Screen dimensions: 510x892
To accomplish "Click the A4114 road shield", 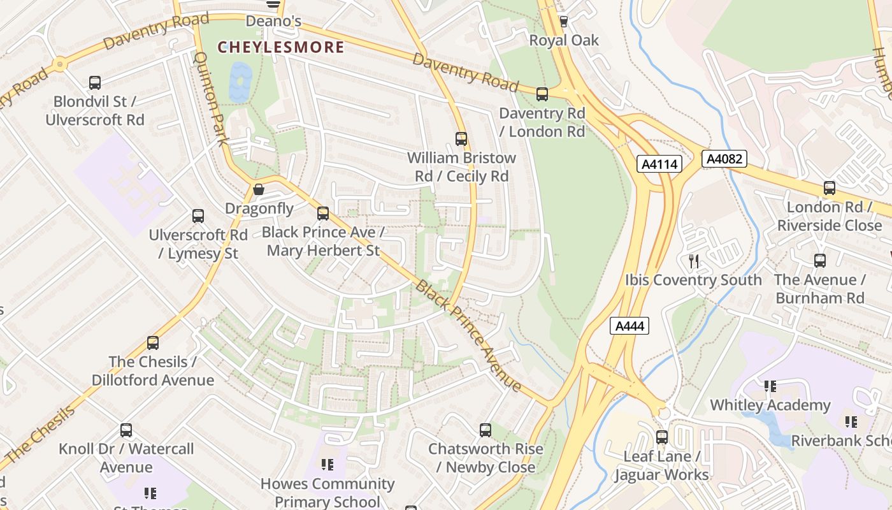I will coord(659,164).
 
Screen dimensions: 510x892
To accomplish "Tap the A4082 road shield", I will coord(724,159).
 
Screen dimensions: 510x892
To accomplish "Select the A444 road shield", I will coord(629,326).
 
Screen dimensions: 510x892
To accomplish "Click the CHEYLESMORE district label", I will coord(281,47).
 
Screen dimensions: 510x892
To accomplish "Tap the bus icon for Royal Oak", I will coord(563,22).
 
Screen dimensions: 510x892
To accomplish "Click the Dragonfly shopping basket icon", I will coord(259,189).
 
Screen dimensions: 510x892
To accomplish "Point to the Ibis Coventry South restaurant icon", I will coord(694,261).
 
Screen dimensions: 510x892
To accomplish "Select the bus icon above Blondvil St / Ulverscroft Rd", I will coord(95,83).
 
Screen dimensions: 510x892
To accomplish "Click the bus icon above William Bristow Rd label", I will coord(461,139).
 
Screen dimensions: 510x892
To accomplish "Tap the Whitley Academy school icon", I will coord(770,386).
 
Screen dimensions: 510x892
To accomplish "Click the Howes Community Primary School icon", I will coord(327,465).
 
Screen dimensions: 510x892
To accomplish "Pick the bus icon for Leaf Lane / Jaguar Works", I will coord(662,437).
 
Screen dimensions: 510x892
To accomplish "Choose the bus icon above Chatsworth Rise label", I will coord(486,430).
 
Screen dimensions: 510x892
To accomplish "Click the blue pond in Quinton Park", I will coord(240,82).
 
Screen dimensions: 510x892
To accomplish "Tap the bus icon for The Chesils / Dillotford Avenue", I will coord(153,343).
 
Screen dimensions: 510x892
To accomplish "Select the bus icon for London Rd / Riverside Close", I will coord(830,188).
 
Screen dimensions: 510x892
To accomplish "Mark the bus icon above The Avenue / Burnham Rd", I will coord(820,261).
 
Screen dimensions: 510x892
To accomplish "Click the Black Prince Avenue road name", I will coord(468,336).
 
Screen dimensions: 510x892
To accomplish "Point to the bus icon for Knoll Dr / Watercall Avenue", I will coord(126,430).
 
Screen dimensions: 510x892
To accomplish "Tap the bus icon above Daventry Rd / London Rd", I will coord(542,94).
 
